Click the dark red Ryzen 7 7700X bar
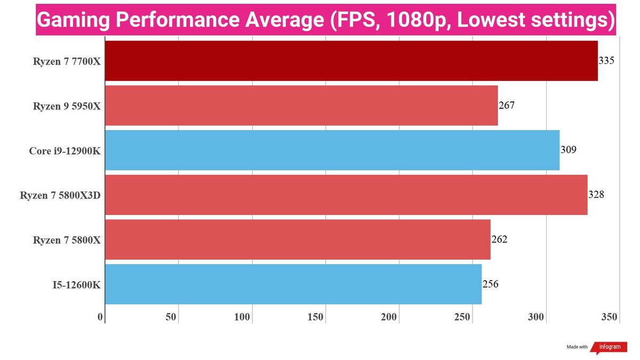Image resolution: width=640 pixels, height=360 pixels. [351, 61]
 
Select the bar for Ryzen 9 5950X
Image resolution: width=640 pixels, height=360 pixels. [301, 106]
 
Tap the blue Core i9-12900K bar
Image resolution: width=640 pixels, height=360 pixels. [332, 150]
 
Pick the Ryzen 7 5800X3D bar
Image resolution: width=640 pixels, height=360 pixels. [346, 195]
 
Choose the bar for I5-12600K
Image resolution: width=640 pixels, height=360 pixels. [293, 284]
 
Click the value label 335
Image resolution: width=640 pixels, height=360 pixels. [606, 61]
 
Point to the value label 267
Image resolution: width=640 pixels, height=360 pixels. [507, 106]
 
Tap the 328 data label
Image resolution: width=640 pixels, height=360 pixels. [596, 195]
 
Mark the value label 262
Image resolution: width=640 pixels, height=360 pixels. [499, 239]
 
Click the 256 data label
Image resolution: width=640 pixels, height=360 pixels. [491, 284]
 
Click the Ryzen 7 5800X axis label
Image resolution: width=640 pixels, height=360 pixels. [67, 241]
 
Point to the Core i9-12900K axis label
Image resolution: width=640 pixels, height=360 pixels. [65, 151]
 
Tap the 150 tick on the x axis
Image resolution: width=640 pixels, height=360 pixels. [315, 317]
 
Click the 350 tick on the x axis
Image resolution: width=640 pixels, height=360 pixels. [610, 317]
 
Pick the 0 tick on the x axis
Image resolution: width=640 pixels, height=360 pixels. [100, 317]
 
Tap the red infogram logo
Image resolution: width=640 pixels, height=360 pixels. [609, 347]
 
